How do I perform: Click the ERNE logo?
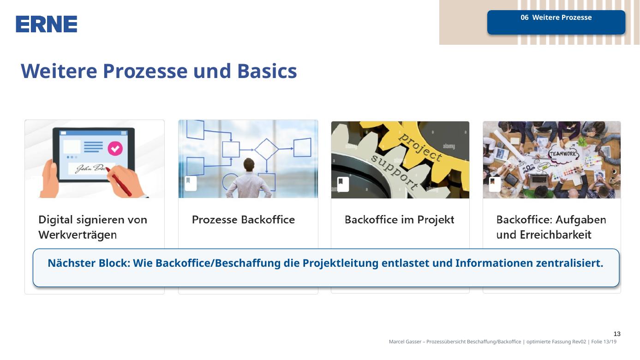(x=46, y=24)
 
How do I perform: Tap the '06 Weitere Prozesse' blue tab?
(x=556, y=22)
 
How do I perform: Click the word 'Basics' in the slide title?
(x=267, y=71)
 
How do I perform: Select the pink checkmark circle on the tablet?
(x=115, y=149)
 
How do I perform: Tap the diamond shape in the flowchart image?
(x=266, y=149)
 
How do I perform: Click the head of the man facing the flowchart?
(x=249, y=165)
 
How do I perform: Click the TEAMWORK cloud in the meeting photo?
(x=563, y=154)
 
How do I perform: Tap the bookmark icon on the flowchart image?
(x=191, y=184)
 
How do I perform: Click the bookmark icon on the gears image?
(x=343, y=184)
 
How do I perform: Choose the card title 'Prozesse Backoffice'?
(x=243, y=220)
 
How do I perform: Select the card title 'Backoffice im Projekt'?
(x=400, y=220)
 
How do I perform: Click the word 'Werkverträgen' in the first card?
(x=78, y=235)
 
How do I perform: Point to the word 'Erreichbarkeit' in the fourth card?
(x=556, y=235)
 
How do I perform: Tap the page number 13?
(x=617, y=334)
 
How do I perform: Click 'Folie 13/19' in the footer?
(x=604, y=342)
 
